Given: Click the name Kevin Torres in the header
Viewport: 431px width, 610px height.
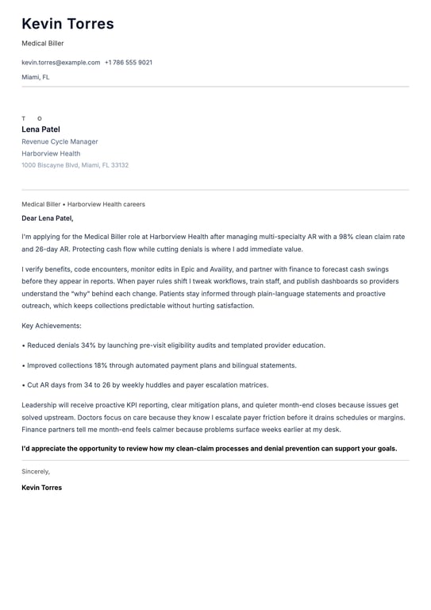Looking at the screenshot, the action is pyautogui.click(x=67, y=24).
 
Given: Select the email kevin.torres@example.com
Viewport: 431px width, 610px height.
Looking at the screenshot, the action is pyautogui.click(x=61, y=62).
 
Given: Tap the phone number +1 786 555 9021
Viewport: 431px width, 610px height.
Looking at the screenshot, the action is pyautogui.click(x=129, y=62).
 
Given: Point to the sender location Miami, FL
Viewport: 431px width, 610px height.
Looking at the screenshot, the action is pyautogui.click(x=36, y=77).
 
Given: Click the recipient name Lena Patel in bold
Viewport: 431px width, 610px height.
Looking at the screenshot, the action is pyautogui.click(x=40, y=129).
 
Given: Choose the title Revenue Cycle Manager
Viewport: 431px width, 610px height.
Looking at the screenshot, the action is pyautogui.click(x=60, y=141).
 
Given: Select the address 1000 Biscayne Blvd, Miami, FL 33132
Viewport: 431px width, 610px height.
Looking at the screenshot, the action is pyautogui.click(x=75, y=165).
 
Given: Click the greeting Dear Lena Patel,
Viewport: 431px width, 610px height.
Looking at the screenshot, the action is pyautogui.click(x=47, y=218).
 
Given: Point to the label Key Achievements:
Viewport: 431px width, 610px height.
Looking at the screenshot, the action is pyautogui.click(x=52, y=326).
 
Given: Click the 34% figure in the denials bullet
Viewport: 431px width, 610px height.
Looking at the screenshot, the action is pyautogui.click(x=88, y=346).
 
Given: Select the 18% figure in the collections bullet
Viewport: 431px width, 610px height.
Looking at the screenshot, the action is pyautogui.click(x=102, y=365).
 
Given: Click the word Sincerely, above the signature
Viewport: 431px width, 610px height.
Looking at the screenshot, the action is pyautogui.click(x=36, y=471).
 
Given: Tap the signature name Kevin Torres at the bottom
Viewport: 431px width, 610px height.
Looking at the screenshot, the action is pyautogui.click(x=41, y=488).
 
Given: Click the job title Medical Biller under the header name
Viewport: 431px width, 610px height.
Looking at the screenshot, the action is pyautogui.click(x=43, y=44).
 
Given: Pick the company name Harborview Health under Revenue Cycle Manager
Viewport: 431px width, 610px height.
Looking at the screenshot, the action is pyautogui.click(x=51, y=153).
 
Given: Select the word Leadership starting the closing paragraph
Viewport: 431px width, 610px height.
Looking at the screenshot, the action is pyautogui.click(x=39, y=405).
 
